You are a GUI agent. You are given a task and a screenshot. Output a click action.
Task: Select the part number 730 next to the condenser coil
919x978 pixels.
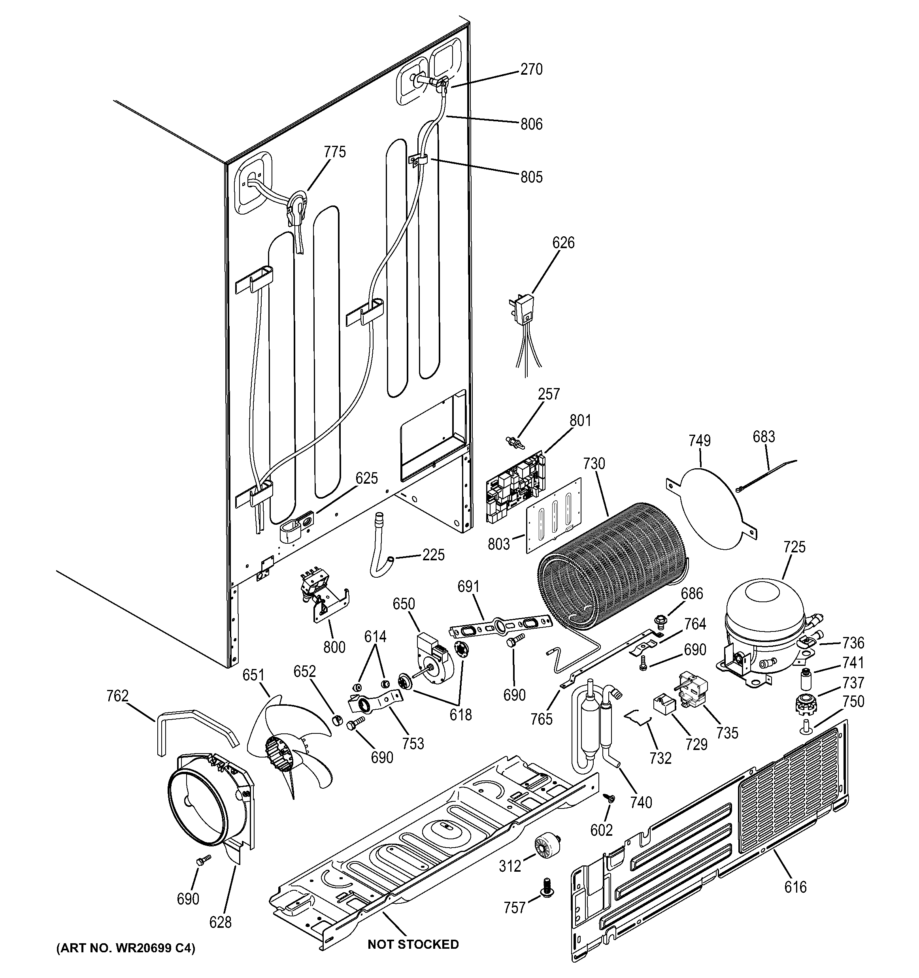pyautogui.click(x=594, y=464)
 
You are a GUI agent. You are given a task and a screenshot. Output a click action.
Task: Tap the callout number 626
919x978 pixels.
pyautogui.click(x=563, y=243)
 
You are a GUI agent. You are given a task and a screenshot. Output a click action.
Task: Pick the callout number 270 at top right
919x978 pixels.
pyautogui.click(x=531, y=70)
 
